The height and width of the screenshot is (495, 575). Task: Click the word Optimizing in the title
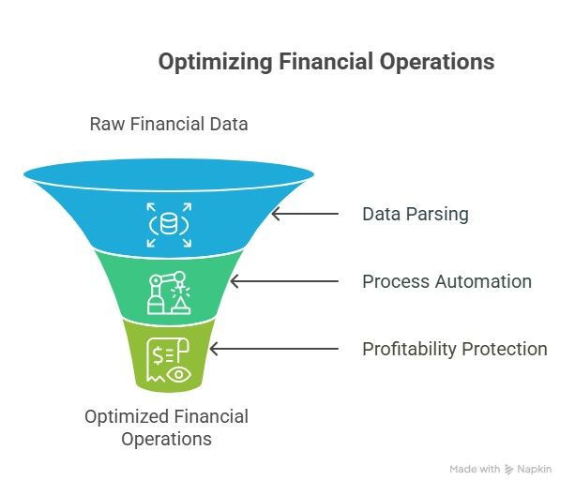click(215, 62)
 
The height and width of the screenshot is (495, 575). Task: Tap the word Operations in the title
click(437, 62)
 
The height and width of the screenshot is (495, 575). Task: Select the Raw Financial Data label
click(169, 124)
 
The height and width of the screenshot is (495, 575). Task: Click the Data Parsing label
click(416, 215)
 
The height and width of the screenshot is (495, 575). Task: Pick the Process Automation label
click(447, 282)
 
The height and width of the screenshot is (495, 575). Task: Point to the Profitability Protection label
click(455, 349)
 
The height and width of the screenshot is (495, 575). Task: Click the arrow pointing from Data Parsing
click(305, 214)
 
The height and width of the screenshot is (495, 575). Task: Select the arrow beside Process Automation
click(284, 281)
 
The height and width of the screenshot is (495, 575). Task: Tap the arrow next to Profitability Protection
click(274, 349)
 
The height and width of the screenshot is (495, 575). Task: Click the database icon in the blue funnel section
click(169, 225)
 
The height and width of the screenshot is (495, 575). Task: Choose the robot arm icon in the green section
click(169, 292)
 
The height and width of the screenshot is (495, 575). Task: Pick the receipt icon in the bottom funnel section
click(169, 360)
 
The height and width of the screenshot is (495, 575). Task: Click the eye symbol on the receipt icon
click(178, 374)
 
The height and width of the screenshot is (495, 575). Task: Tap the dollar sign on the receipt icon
click(158, 355)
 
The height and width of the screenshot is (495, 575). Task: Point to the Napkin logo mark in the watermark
click(508, 470)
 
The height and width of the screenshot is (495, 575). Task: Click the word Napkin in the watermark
click(535, 470)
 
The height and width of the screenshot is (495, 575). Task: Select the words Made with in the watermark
click(475, 470)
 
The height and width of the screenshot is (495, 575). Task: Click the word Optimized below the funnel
click(127, 417)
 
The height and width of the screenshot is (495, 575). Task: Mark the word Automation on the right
click(484, 282)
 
